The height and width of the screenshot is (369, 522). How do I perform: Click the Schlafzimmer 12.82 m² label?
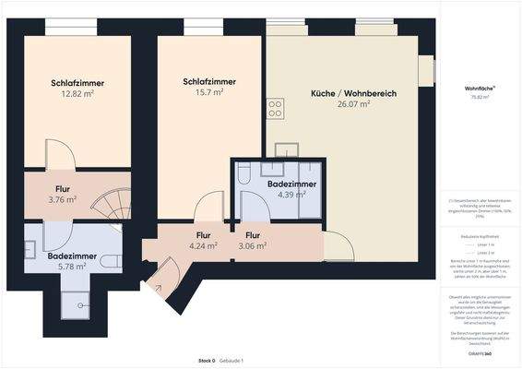click(77, 89)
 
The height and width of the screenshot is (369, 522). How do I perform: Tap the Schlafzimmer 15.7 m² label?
click(208, 87)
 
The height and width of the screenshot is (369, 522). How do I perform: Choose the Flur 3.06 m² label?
click(251, 241)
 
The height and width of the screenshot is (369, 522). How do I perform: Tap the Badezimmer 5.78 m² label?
click(66, 261)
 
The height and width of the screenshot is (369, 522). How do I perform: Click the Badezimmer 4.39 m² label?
click(291, 189)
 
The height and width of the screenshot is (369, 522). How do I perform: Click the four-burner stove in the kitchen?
click(275, 110)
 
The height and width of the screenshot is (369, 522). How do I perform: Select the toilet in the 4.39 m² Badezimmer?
click(243, 174)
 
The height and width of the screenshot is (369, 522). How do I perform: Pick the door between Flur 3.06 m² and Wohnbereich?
click(336, 245)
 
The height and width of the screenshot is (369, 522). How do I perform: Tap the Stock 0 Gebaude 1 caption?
click(220, 360)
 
